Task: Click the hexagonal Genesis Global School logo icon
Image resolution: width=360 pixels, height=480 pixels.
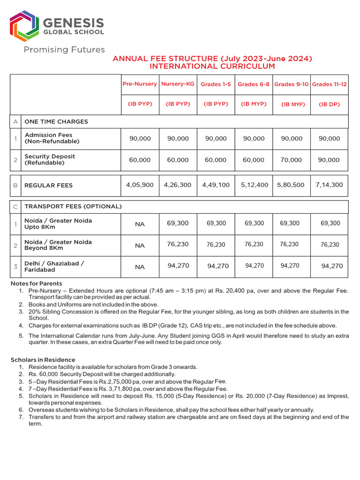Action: [x=25, y=26]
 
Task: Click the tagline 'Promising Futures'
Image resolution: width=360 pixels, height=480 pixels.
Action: [x=64, y=50]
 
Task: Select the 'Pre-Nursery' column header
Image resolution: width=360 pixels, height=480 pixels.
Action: [x=140, y=84]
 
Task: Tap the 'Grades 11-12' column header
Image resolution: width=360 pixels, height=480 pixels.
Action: [x=329, y=84]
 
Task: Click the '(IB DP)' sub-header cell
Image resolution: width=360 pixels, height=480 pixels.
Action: [x=329, y=104]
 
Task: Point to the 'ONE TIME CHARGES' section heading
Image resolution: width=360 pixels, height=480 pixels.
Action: [x=56, y=121]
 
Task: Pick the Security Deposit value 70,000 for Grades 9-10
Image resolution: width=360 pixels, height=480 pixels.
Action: [x=291, y=160]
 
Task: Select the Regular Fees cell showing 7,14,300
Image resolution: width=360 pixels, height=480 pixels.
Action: [x=329, y=185]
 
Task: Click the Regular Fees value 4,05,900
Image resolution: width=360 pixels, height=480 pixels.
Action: [x=140, y=185]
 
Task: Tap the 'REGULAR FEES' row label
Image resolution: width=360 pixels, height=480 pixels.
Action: [x=48, y=186]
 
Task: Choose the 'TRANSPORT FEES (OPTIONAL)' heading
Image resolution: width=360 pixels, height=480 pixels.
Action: [x=73, y=206]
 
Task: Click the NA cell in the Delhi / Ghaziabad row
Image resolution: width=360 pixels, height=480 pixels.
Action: [x=140, y=267]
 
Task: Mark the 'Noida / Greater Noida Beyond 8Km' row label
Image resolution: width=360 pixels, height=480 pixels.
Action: [x=58, y=245]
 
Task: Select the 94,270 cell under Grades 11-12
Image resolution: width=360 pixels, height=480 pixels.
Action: [x=331, y=266]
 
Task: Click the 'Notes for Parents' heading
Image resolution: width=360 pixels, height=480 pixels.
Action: [x=36, y=284]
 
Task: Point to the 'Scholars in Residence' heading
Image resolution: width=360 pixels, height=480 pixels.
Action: [x=43, y=360]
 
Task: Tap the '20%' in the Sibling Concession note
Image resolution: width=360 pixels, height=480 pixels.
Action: [x=35, y=312]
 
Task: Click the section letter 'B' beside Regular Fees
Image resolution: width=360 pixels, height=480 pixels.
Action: [x=15, y=186]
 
